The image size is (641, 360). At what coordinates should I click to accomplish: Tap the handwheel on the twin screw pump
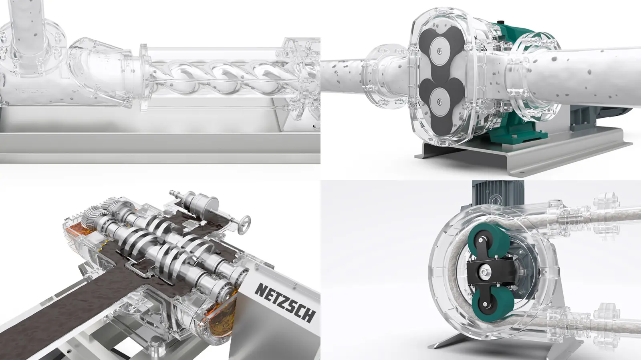click(x=243, y=224)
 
